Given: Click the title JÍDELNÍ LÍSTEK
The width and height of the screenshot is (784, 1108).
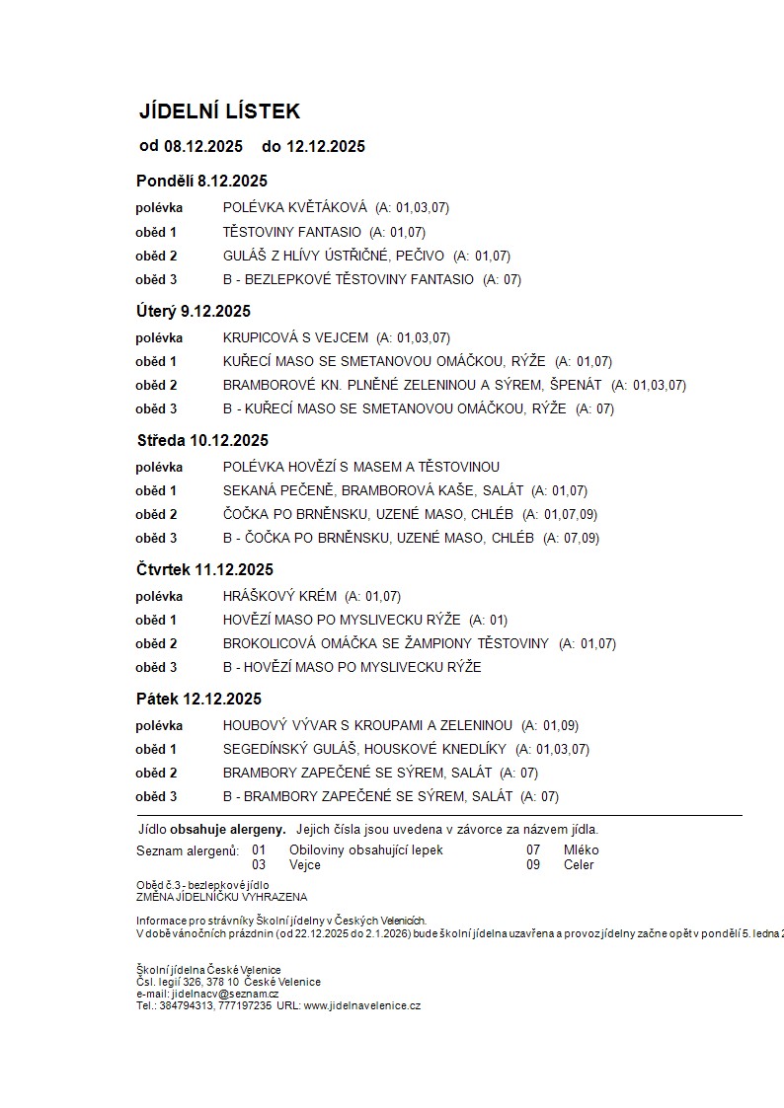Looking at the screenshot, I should click(219, 111).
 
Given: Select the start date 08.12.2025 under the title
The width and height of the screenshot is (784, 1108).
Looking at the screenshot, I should click(203, 147).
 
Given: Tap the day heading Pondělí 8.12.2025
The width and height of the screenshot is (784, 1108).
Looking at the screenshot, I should click(201, 181).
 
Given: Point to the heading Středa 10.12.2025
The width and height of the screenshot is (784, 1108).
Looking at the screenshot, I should click(201, 440).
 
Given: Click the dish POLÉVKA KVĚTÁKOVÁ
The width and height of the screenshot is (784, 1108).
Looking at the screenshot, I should click(294, 208).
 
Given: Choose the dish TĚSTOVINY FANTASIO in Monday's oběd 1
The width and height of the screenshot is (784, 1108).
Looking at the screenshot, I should click(292, 232).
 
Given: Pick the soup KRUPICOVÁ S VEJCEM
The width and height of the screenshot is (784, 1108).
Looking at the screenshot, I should click(295, 337).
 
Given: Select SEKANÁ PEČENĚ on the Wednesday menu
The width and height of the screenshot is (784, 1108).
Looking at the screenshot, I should click(281, 490).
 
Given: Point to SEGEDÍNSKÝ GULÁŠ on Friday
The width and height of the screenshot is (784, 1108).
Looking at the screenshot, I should click(292, 749).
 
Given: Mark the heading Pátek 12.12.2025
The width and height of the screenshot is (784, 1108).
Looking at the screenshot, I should click(198, 699).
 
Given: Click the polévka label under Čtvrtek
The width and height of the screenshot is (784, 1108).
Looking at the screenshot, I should click(159, 596).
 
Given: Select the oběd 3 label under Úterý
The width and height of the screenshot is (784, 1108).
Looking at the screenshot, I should click(156, 408).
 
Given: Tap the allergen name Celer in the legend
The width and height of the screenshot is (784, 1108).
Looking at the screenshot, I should click(580, 865).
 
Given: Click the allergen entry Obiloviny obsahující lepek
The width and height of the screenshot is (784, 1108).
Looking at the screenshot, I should click(366, 849).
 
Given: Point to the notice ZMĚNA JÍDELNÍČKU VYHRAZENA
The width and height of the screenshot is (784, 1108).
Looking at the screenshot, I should click(221, 897).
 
